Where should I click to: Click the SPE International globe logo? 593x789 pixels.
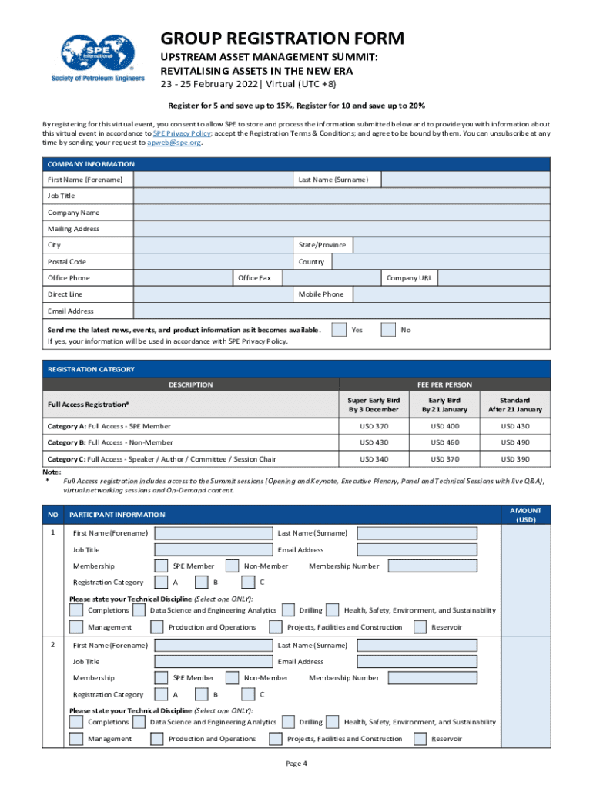click(96, 52)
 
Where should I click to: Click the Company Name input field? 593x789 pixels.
click(341, 213)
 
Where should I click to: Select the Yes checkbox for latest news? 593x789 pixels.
click(338, 330)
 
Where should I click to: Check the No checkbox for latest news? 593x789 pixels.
click(389, 330)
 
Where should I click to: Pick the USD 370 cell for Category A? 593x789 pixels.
click(374, 426)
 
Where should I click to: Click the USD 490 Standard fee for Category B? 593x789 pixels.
click(515, 443)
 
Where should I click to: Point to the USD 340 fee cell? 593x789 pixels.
click(374, 460)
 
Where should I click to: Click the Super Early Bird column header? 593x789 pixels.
click(374, 405)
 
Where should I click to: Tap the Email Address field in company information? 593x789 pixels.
click(341, 311)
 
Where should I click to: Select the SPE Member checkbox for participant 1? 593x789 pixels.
click(162, 566)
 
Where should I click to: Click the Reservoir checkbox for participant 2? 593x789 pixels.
click(420, 739)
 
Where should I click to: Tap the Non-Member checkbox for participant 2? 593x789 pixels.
click(233, 678)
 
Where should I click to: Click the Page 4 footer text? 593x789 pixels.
click(296, 764)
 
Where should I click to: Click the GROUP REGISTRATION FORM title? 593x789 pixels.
click(281, 39)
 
